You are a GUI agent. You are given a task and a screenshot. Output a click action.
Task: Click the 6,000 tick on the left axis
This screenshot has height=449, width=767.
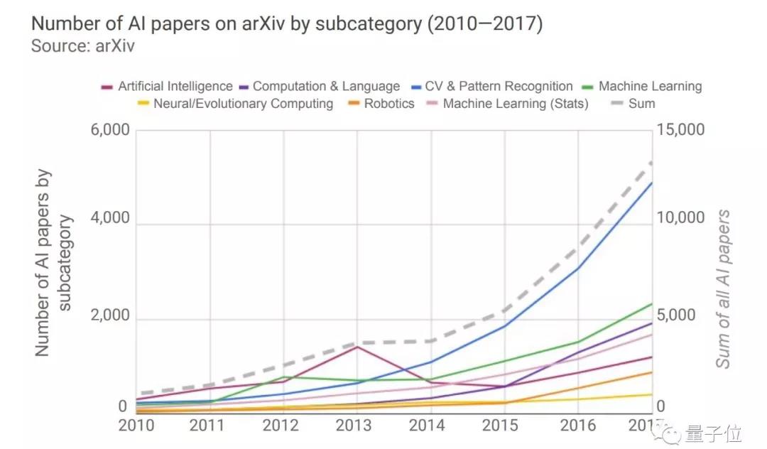(110, 131)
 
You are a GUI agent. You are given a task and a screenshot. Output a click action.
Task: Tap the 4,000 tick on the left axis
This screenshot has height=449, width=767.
(110, 219)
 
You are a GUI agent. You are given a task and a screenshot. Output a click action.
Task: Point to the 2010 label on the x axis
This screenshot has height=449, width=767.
(137, 425)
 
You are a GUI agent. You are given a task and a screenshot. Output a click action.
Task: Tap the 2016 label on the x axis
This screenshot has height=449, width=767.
(577, 425)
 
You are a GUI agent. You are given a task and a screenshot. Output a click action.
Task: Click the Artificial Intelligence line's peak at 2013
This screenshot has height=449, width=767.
(357, 347)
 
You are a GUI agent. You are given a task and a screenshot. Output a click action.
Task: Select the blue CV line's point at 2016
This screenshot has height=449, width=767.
(578, 268)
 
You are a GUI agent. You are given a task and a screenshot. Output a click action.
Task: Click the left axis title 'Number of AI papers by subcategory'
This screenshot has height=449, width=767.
(54, 263)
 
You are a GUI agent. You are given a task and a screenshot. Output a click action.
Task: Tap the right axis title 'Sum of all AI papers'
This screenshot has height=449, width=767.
(723, 288)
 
